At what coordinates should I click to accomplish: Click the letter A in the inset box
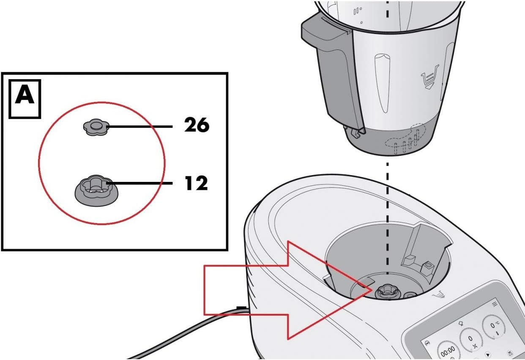[x=25, y=96]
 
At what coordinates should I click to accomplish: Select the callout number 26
[x=196, y=125]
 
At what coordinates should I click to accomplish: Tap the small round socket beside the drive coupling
[x=410, y=296]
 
